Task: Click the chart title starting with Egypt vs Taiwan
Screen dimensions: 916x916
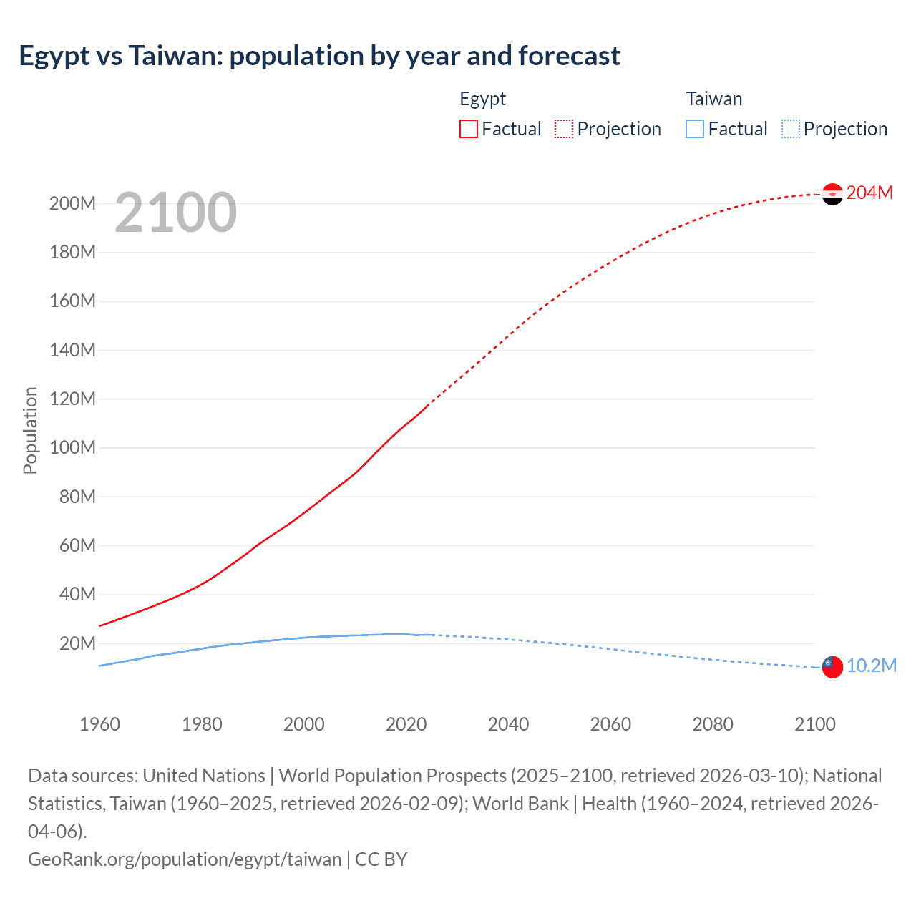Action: coord(319,56)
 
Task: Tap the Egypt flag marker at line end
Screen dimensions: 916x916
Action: coord(832,194)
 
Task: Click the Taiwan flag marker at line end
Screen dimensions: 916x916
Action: coord(832,667)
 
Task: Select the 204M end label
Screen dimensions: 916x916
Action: coord(869,193)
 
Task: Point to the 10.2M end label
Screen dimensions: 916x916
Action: coord(871,666)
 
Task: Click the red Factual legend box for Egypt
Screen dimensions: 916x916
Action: coord(469,129)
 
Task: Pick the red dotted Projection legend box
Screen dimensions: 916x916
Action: coord(564,129)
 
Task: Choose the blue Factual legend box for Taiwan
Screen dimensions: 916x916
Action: coord(695,129)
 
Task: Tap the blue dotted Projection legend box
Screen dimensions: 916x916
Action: coord(790,129)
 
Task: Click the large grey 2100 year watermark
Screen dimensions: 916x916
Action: coord(175,213)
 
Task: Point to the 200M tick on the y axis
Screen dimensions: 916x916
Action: coord(72,204)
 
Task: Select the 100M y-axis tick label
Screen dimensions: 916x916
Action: coord(72,448)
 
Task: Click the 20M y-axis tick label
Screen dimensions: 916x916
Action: coord(77,643)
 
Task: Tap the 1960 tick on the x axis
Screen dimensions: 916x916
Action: coord(99,724)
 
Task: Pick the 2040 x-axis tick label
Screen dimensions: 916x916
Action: coord(508,724)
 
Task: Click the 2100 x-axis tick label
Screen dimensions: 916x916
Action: coord(815,724)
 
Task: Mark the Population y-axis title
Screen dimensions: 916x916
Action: coord(30,430)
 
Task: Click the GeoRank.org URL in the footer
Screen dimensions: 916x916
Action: coord(185,859)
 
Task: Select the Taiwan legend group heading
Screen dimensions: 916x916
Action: coord(713,99)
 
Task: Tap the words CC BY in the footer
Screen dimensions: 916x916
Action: coord(381,859)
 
